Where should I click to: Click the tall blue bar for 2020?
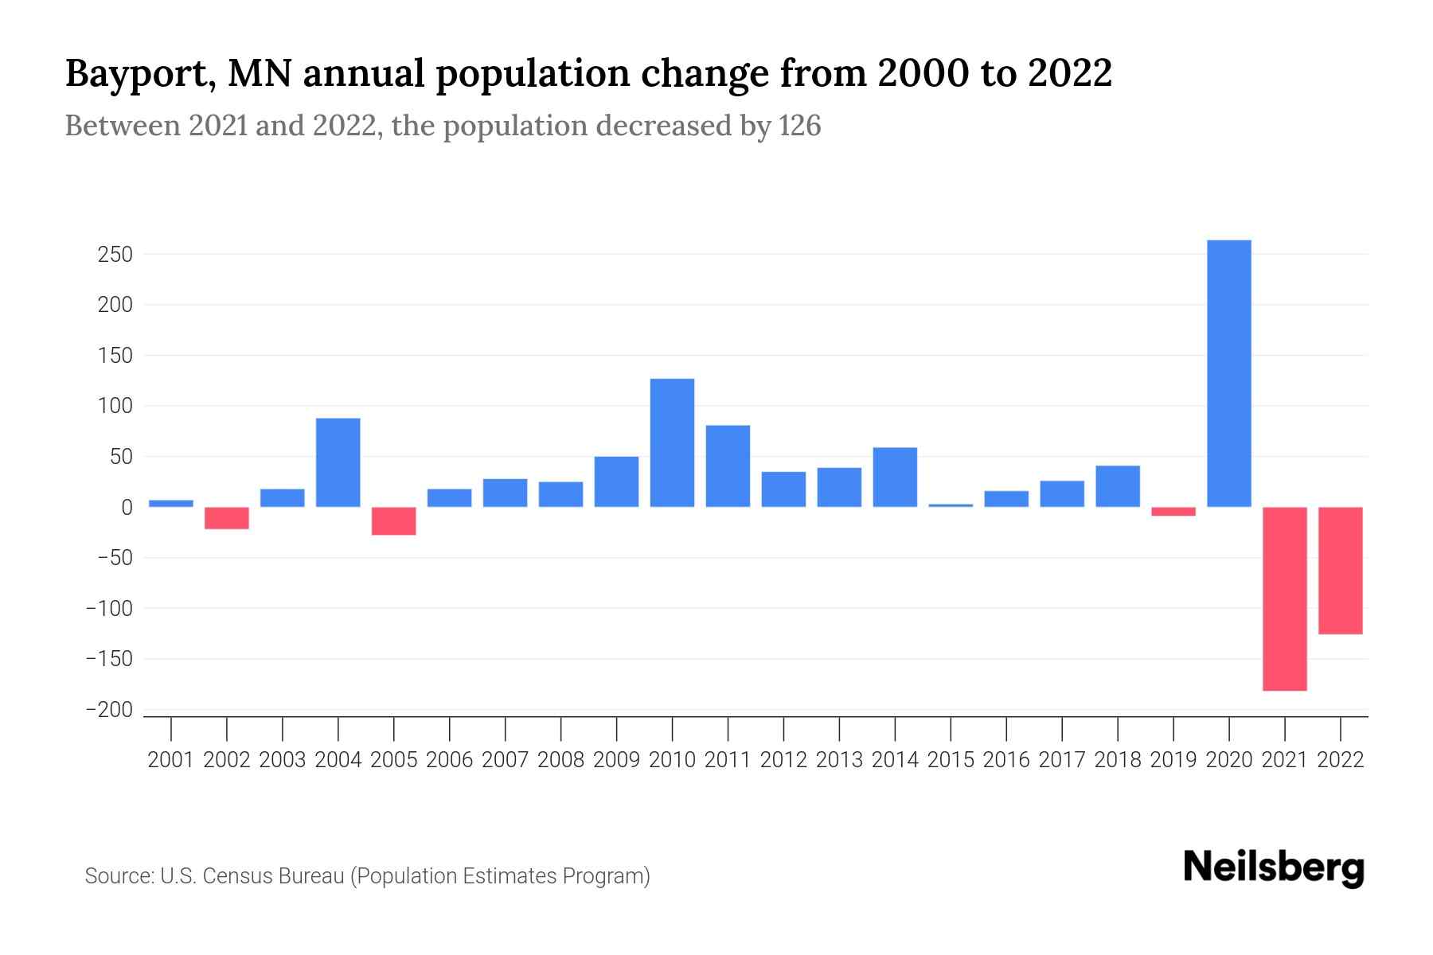point(1228,374)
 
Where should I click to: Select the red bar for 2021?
point(1284,598)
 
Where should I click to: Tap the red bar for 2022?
point(1340,571)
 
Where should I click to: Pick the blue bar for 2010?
point(672,443)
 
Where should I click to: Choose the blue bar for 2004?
point(338,462)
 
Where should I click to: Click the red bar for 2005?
point(393,520)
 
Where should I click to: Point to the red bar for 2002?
point(226,518)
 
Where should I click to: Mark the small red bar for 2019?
point(1173,512)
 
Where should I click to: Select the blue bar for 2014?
point(895,477)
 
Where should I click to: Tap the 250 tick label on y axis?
point(115,255)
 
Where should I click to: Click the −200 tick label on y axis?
point(109,710)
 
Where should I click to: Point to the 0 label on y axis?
point(127,508)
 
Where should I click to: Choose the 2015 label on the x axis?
point(951,760)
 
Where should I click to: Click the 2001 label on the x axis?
point(171,760)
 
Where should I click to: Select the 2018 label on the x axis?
point(1117,760)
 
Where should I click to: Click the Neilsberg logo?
point(1274,867)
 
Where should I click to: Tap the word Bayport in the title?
point(139,74)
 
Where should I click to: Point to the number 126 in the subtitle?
point(799,126)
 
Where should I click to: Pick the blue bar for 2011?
point(728,466)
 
